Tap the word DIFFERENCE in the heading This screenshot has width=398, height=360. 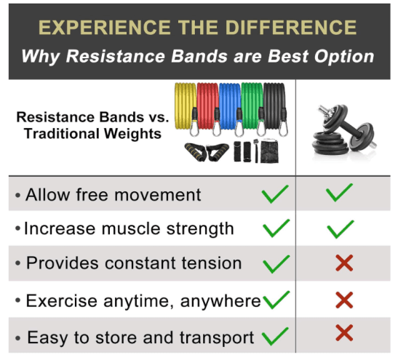tap(291, 28)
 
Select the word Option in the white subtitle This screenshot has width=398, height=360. tap(344, 57)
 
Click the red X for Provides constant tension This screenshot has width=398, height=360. tap(344, 263)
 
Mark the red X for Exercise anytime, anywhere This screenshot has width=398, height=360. tap(344, 300)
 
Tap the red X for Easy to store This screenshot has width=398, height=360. tap(344, 333)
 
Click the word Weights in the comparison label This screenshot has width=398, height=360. tap(132, 134)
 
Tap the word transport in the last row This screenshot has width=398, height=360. tap(217, 338)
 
